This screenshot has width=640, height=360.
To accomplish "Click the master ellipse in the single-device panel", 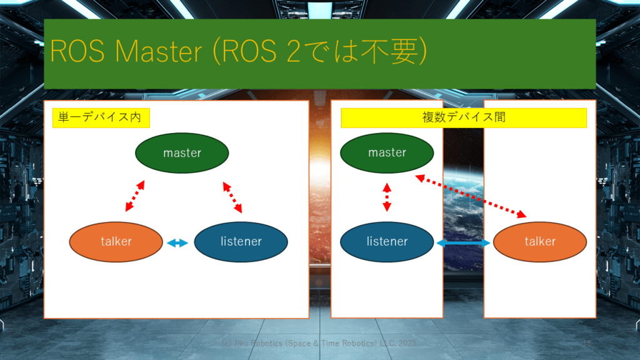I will (182, 152).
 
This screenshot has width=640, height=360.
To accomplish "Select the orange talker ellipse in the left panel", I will (116, 241).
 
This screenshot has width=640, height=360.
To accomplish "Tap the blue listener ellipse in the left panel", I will (241, 241).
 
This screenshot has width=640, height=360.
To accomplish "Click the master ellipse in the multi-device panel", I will (387, 152).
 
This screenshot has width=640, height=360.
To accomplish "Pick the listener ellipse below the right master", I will (387, 241).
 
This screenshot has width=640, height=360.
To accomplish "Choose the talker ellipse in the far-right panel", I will (540, 241).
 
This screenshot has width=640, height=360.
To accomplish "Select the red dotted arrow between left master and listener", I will (232, 197).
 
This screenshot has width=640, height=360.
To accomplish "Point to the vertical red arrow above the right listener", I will (387, 197).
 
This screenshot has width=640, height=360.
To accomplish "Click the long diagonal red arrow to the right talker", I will (472, 196).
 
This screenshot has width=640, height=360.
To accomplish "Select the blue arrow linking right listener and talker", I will (463, 242).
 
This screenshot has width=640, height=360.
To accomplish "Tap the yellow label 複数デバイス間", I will (464, 117).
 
